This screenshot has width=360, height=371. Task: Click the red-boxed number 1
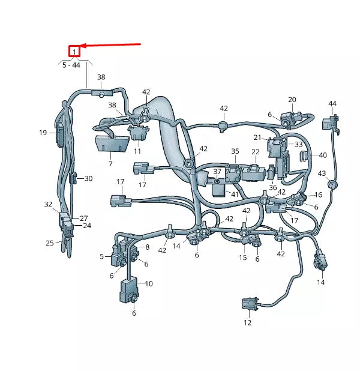click(x=74, y=52)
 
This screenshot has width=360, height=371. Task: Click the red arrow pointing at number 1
click(x=111, y=45)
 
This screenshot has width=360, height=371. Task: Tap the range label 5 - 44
click(x=71, y=65)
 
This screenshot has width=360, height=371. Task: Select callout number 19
click(x=43, y=133)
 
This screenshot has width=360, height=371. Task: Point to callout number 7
click(x=110, y=163)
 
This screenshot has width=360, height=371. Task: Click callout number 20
click(x=292, y=100)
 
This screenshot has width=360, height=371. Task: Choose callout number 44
click(x=332, y=104)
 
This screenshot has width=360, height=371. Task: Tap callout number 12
click(x=248, y=323)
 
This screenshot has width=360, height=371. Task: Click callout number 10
click(x=149, y=283)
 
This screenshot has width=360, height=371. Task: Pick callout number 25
click(x=50, y=243)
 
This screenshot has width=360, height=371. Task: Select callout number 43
click(x=322, y=173)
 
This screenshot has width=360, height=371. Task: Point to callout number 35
click(x=235, y=151)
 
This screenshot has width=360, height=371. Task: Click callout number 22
click(x=256, y=151)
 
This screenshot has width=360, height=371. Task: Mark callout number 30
click(x=89, y=178)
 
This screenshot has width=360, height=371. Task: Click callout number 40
click(x=323, y=155)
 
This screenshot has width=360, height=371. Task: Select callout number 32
click(x=49, y=205)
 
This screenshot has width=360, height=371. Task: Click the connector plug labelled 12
click(x=247, y=305)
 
